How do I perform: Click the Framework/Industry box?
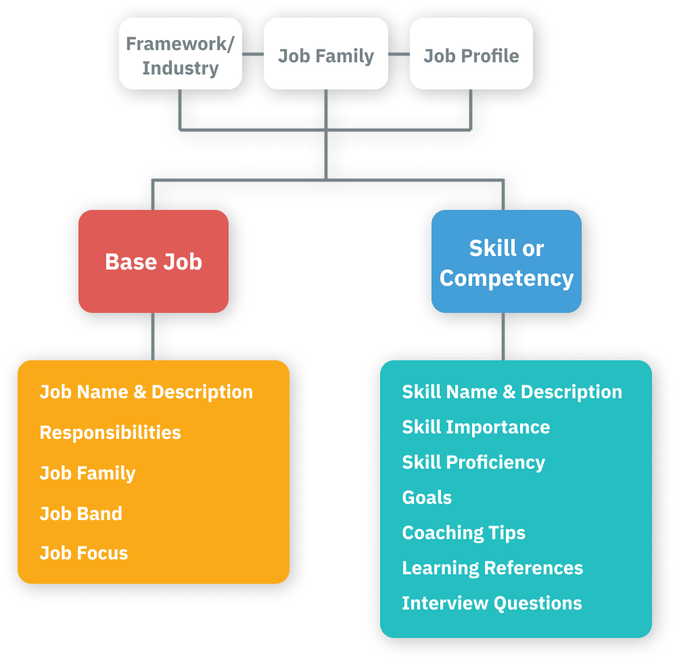point(181,55)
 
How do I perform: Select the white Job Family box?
point(325,55)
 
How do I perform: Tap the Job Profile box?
point(471,55)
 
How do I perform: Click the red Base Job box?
point(154,261)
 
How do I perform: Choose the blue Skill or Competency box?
point(507,263)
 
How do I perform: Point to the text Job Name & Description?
point(146,392)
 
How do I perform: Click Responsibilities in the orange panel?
point(110,433)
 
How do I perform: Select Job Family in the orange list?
point(87,473)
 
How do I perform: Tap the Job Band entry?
point(81,513)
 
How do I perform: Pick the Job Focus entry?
point(84,553)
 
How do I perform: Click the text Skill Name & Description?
point(512,392)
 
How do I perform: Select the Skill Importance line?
point(475,427)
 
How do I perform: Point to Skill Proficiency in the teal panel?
point(473,463)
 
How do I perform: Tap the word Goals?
point(427,498)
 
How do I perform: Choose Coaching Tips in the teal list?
point(463,533)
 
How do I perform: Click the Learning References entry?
point(492,568)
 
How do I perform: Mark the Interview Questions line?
point(492,603)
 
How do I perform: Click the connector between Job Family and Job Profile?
point(399,54)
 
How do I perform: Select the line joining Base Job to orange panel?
point(154,336)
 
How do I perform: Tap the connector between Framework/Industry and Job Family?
point(253,54)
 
